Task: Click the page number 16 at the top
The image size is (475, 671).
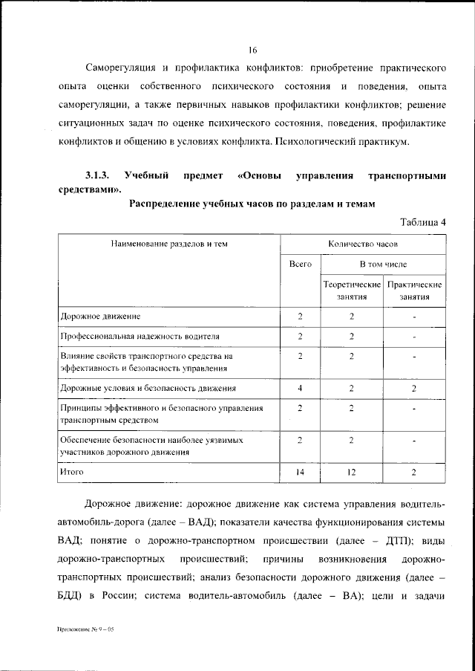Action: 252,51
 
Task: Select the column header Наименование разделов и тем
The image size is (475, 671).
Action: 168,243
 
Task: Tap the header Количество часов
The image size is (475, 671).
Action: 363,243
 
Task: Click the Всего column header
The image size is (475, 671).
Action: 300,264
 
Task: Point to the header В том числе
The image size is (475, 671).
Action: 383,264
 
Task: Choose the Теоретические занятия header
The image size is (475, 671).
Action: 352,290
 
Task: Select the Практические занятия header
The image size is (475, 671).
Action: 415,290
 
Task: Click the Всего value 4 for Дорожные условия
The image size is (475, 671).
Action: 300,388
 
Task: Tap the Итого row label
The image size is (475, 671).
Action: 73,471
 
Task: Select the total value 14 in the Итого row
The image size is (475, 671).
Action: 300,471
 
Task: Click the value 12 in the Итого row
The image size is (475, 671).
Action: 352,471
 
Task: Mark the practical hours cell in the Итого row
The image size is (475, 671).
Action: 415,471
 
